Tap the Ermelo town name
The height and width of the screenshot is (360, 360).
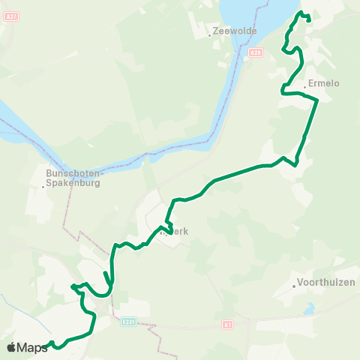tap(323, 83)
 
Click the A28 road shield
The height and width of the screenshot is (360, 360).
tap(256, 52)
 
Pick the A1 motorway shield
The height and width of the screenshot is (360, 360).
tap(227, 325)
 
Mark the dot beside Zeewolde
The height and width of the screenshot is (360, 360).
tap(209, 35)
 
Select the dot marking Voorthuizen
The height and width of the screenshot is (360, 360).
tap(294, 286)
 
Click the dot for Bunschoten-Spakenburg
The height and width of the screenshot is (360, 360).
tap(46, 187)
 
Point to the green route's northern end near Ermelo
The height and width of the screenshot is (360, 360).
tap(309, 20)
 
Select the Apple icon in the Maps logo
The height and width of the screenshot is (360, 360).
tap(11, 347)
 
